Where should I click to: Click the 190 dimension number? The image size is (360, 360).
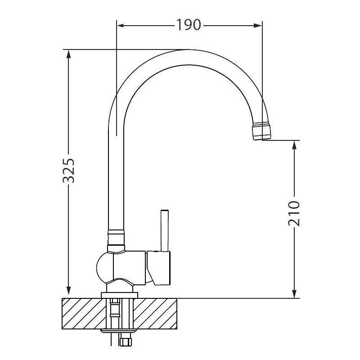(189, 25)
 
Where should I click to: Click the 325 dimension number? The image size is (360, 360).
(69, 171)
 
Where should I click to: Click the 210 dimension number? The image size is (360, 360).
(294, 213)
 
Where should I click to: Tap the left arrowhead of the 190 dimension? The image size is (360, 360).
(121, 25)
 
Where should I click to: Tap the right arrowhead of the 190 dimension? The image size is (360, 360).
(258, 25)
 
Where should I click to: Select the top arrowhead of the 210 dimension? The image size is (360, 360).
(294, 144)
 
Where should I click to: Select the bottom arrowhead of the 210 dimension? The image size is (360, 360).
(294, 294)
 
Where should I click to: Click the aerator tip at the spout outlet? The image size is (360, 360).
(261, 131)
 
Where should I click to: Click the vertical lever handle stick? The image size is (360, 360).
(165, 230)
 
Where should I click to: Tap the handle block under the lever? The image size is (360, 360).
(159, 268)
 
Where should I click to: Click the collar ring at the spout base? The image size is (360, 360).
(116, 240)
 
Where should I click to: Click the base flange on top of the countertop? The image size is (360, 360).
(119, 295)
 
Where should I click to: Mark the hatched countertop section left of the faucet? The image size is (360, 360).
(84, 313)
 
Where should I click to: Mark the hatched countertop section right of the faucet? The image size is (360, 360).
(155, 313)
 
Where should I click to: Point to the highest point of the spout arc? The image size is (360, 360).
(188, 50)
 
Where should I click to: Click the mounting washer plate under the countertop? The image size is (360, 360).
(119, 331)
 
